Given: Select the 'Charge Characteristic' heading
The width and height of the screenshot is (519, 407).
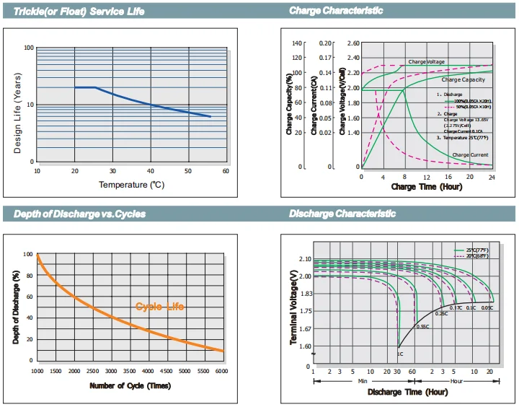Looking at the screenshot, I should click(336, 11).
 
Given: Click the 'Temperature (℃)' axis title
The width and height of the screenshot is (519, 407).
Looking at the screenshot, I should click(131, 185).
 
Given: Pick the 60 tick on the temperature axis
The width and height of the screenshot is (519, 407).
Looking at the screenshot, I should click(226, 171).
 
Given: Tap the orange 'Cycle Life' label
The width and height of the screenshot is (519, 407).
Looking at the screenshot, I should click(160, 307).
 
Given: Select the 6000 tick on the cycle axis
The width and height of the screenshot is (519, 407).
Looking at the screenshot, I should click(222, 370).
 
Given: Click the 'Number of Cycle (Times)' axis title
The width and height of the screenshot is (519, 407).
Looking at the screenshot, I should click(130, 386).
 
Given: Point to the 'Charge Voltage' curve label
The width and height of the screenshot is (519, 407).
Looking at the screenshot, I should click(427, 63).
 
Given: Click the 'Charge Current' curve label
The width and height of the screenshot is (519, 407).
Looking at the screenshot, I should click(470, 155).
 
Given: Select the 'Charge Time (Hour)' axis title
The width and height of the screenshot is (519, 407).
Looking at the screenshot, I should click(426, 187).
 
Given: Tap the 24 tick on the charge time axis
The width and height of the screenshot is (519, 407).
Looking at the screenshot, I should click(492, 176).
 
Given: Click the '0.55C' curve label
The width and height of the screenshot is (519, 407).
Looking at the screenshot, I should click(423, 327).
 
